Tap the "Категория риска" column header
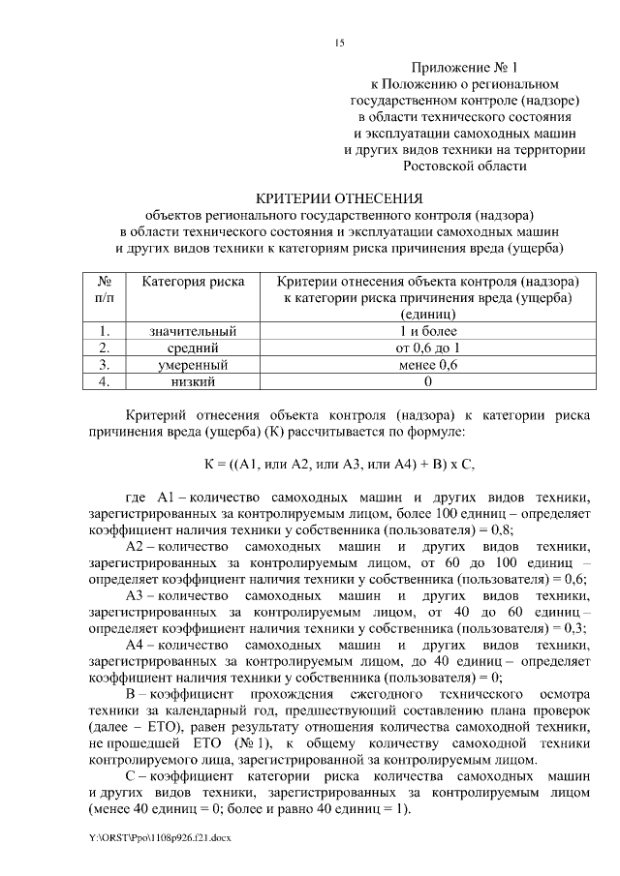194,281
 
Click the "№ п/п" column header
105,288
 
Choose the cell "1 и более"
427,331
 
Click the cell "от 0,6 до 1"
427,347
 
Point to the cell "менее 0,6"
427,365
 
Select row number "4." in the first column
105,381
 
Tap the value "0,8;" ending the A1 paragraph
500,529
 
